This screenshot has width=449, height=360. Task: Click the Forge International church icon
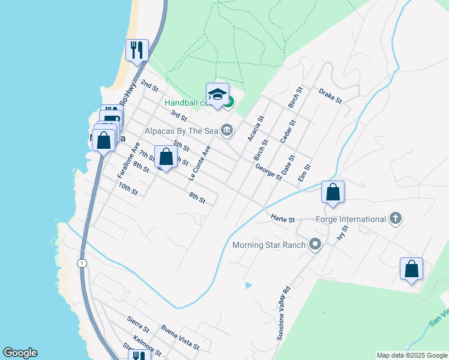pyautogui.click(x=395, y=218)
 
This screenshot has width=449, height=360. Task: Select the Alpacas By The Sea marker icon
pyautogui.click(x=227, y=130)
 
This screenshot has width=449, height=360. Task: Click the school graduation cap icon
pyautogui.click(x=217, y=95)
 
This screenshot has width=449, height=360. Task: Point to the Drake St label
pyautogui.click(x=330, y=95)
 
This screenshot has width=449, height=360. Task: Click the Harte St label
pyautogui.click(x=283, y=219)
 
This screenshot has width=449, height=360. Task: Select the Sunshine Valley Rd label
pyautogui.click(x=283, y=313)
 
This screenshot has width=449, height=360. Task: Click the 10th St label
pyautogui.click(x=128, y=190)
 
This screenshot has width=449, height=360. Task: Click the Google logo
pyautogui.click(x=20, y=353)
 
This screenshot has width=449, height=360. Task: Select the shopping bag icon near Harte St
pyautogui.click(x=333, y=193)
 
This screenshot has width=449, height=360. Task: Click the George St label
pyautogui.click(x=268, y=173)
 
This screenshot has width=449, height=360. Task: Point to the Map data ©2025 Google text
pyautogui.click(x=412, y=355)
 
